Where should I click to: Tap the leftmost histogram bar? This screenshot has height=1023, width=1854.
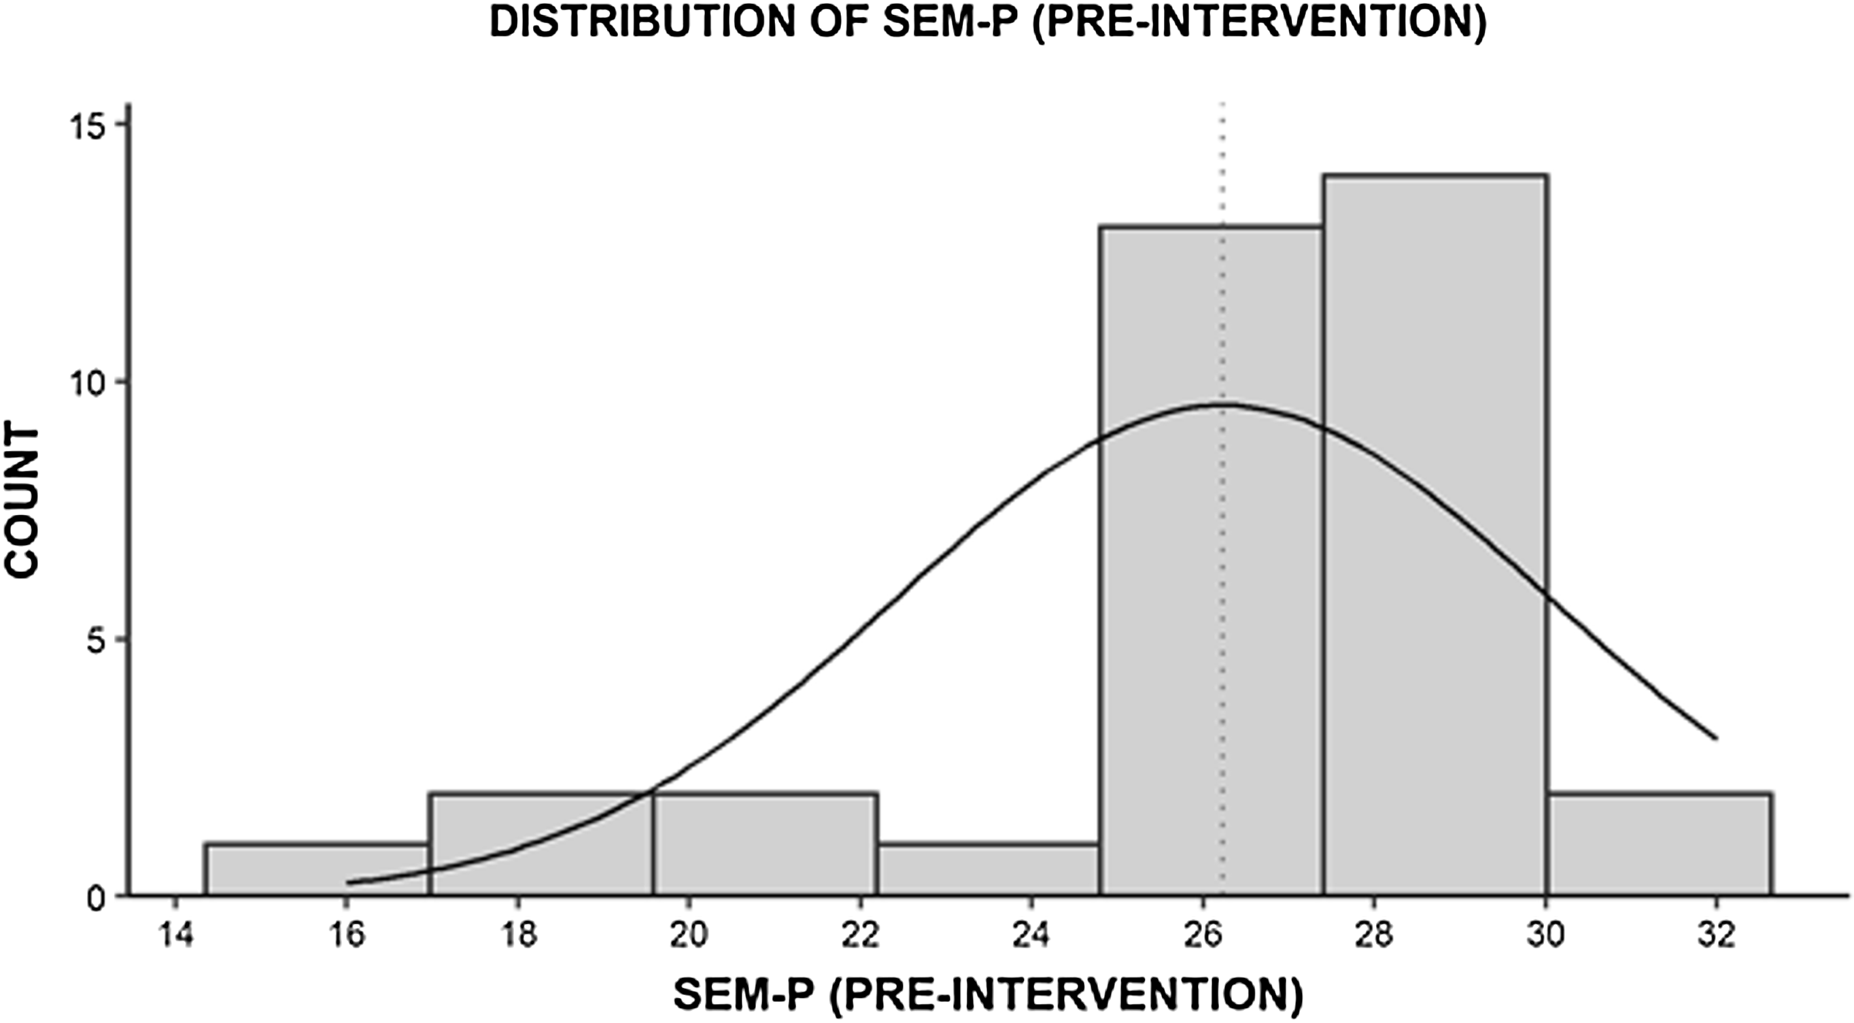click(317, 869)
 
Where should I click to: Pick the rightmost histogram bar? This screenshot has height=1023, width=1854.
click(1659, 843)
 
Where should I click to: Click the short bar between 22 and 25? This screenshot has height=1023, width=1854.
click(988, 869)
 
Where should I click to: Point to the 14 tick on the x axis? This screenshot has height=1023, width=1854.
click(176, 935)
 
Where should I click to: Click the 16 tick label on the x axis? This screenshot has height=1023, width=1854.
click(347, 935)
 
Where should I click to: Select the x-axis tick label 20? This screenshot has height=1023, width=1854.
click(689, 935)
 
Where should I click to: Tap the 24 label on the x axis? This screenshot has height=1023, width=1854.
click(1032, 935)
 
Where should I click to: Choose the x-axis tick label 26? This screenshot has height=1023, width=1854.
click(1203, 935)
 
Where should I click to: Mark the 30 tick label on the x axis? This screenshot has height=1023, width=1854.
click(1546, 935)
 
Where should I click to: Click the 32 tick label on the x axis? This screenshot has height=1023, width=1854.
click(1717, 935)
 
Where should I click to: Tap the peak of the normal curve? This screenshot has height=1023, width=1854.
click(1224, 405)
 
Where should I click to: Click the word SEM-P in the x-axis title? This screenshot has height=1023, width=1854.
click(744, 996)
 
